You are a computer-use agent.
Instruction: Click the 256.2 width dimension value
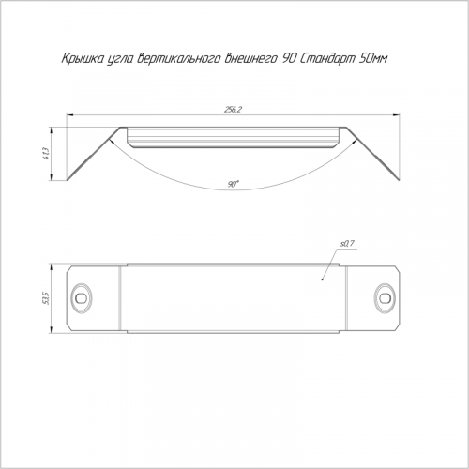tap(234, 110)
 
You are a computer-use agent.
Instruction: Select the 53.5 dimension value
tap(46, 298)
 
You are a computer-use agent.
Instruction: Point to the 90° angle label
tap(233, 184)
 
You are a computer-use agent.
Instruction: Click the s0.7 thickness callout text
tap(347, 244)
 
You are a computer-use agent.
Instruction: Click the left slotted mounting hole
tap(82, 298)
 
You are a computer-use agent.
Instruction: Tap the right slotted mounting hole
tap(385, 298)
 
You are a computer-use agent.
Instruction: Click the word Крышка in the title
tap(82, 59)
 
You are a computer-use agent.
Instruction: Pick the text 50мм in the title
tap(372, 58)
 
